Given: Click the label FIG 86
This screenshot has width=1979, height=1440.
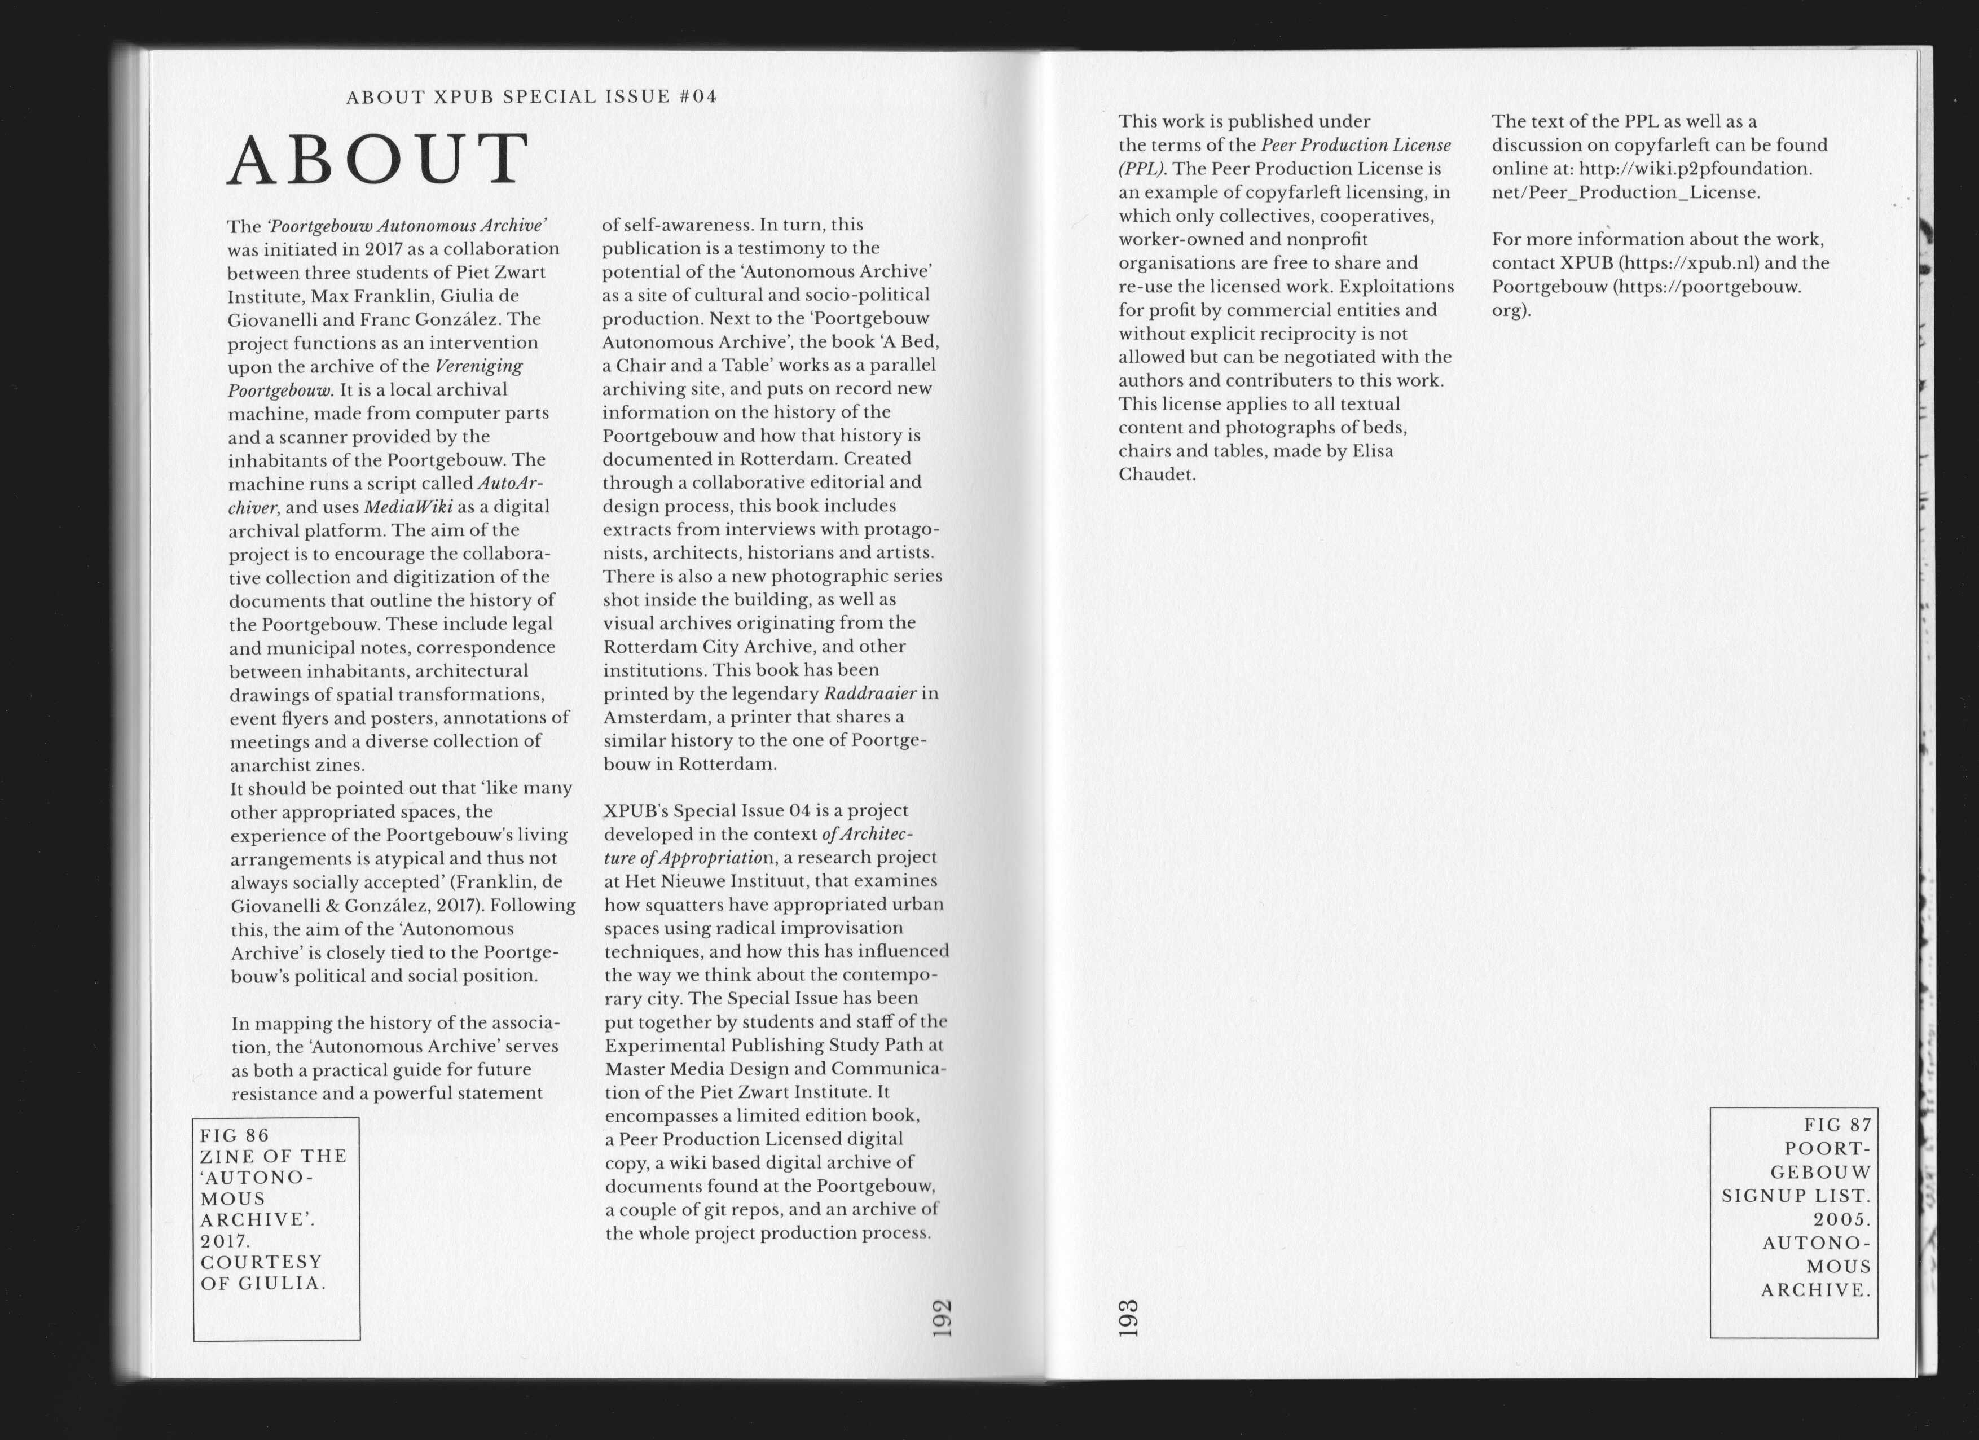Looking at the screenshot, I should pos(235,1135).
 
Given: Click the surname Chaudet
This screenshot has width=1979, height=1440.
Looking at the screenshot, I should pos(1156,475).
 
